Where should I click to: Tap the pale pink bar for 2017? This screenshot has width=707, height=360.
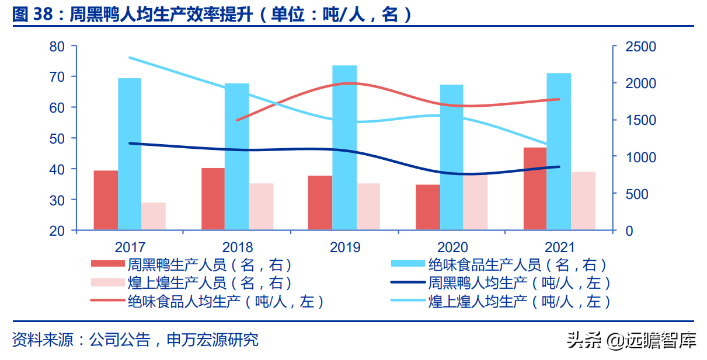tap(153, 216)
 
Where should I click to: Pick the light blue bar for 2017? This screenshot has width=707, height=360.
tap(130, 154)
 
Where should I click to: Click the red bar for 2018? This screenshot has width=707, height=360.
tap(213, 199)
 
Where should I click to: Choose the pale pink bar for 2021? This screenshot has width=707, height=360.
tap(583, 201)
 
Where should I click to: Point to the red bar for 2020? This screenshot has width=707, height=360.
tap(427, 207)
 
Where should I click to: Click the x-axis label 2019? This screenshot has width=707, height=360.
tap(345, 247)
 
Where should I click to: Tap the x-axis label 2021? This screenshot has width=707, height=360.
tap(559, 247)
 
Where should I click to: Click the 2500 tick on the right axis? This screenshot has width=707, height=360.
tap(640, 47)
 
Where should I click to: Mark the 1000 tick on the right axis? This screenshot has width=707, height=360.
tap(640, 157)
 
